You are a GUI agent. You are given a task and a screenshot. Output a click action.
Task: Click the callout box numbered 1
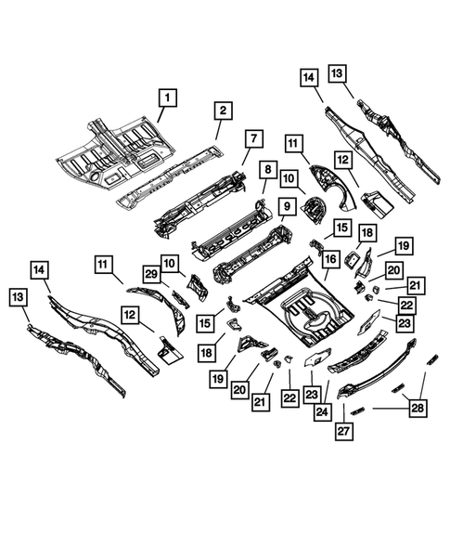[167, 96]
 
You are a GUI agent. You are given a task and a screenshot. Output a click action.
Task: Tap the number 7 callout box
[251, 138]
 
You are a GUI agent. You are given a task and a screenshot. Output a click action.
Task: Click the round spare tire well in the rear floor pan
[313, 313]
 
